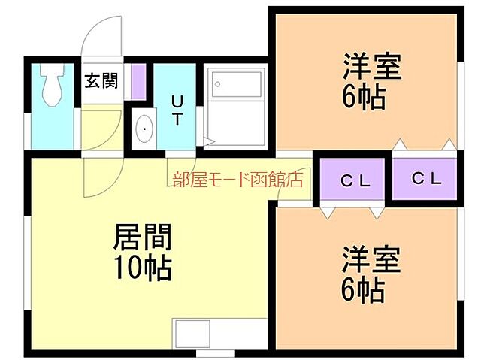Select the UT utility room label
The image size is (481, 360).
point(178,110)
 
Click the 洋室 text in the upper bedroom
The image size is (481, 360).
point(370,66)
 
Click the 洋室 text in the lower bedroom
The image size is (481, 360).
point(371,259)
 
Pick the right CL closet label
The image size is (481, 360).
point(427,179)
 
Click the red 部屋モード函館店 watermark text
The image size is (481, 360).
point(237,179)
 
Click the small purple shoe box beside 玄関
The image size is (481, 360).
point(138,80)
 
